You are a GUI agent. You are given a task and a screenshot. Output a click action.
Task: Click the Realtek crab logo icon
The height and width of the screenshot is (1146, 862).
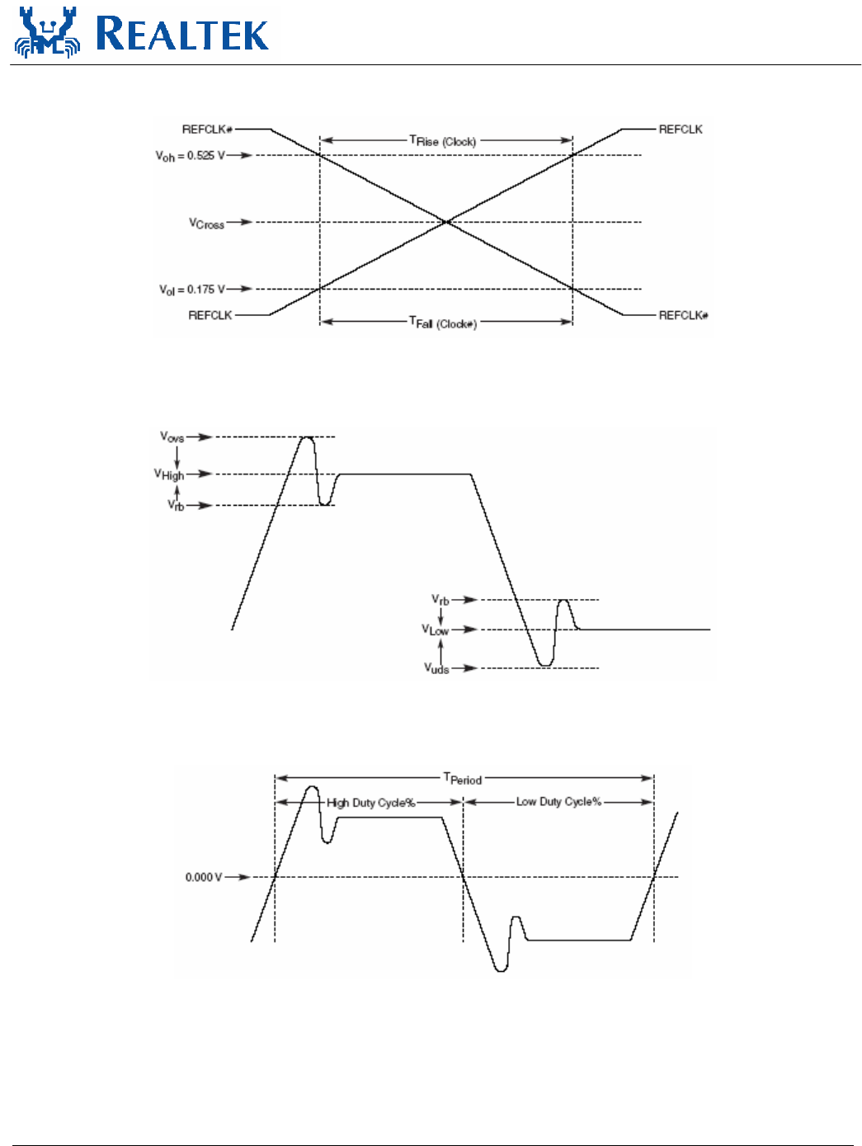[47, 33]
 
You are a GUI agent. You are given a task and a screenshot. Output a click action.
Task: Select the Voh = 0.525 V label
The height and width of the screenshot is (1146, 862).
[190, 155]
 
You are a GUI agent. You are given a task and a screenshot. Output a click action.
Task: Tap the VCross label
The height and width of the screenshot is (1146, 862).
[206, 223]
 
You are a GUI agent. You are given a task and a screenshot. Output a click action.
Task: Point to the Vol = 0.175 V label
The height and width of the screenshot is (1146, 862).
[191, 290]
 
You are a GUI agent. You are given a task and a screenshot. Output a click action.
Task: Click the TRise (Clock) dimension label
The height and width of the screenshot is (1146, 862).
[443, 141]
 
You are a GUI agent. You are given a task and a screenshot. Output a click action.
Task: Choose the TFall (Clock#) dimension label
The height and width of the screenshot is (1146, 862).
[443, 323]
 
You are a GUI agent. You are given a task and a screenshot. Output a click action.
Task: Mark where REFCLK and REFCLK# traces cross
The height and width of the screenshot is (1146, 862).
[446, 222]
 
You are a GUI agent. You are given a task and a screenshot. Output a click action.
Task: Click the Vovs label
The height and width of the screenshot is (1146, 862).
[172, 436]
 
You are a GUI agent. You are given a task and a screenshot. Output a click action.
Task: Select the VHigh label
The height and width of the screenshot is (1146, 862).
[169, 474]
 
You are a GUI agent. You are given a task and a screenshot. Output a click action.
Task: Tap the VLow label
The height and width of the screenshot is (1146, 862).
[436, 630]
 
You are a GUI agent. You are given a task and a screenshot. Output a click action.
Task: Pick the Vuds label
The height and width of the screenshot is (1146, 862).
[436, 668]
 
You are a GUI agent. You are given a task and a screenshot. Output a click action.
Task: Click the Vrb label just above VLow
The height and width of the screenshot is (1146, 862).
[440, 600]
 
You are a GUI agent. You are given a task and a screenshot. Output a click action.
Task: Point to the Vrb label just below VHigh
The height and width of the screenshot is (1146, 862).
[176, 505]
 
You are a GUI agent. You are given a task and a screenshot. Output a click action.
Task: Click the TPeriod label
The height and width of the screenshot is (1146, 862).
[462, 778]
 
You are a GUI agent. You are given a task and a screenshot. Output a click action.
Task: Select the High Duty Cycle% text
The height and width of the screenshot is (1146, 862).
[370, 803]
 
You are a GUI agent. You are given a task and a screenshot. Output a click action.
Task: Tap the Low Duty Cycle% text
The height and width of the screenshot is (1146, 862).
[558, 802]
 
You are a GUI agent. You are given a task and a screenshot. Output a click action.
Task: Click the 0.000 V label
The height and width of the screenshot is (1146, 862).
[204, 877]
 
